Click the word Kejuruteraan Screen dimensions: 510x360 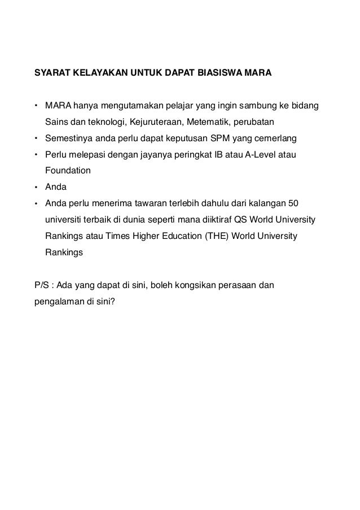point(160,121)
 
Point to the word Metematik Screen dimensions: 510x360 point(212,121)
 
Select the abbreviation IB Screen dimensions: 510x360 point(218,154)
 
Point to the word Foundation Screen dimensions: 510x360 point(68,170)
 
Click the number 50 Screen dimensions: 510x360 point(293,203)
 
